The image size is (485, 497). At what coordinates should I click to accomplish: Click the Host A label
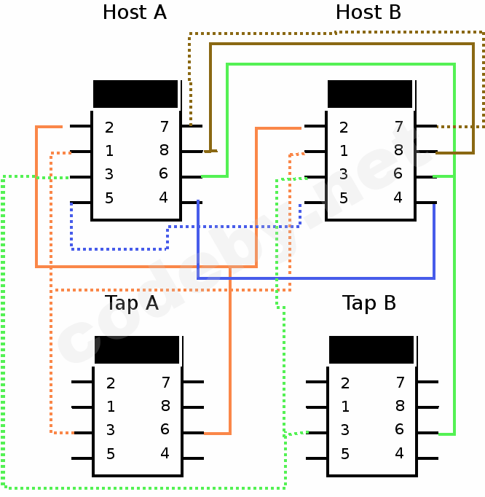click(134, 12)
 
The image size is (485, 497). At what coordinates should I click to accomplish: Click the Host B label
click(368, 12)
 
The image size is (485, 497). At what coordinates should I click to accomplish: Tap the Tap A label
click(131, 303)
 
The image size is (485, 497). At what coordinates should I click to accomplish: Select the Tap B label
click(368, 303)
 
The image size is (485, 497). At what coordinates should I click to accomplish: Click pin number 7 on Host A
click(165, 127)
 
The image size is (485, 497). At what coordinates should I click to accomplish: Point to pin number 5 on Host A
click(109, 197)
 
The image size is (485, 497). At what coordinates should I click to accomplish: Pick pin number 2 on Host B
click(344, 128)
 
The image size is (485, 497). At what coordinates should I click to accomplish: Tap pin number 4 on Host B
click(398, 197)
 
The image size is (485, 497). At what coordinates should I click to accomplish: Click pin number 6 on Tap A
click(165, 429)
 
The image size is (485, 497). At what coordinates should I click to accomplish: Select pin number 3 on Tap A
click(111, 430)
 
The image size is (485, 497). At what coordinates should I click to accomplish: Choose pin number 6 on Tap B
click(399, 429)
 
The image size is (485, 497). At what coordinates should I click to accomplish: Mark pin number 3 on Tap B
click(345, 430)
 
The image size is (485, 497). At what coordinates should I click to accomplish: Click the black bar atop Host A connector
click(135, 94)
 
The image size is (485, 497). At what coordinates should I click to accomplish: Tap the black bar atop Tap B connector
click(371, 350)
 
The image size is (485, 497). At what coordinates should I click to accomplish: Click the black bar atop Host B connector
click(370, 94)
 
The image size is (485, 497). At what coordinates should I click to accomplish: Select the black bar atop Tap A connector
click(137, 350)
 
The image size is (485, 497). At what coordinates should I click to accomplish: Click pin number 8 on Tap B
click(399, 406)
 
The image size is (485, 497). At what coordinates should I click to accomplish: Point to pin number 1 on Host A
click(109, 151)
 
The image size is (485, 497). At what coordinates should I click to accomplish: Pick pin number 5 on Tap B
click(345, 453)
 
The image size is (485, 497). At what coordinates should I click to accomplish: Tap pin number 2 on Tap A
click(111, 383)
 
